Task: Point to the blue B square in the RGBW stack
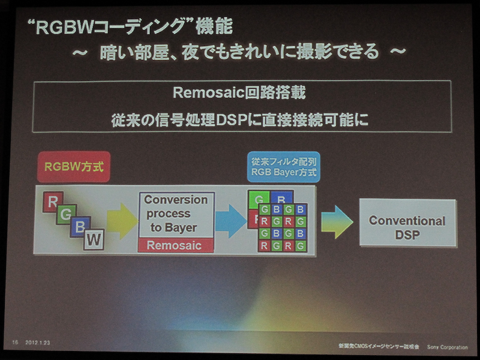click(x=80, y=227)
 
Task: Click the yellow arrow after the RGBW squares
click(x=122, y=220)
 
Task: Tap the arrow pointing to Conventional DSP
click(x=337, y=221)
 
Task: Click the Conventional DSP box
click(x=407, y=227)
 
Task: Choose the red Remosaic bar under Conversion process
click(x=175, y=245)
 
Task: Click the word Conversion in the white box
click(x=175, y=200)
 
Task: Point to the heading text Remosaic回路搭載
click(x=241, y=94)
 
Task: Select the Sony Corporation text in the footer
click(x=447, y=347)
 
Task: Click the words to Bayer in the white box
click(x=173, y=228)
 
